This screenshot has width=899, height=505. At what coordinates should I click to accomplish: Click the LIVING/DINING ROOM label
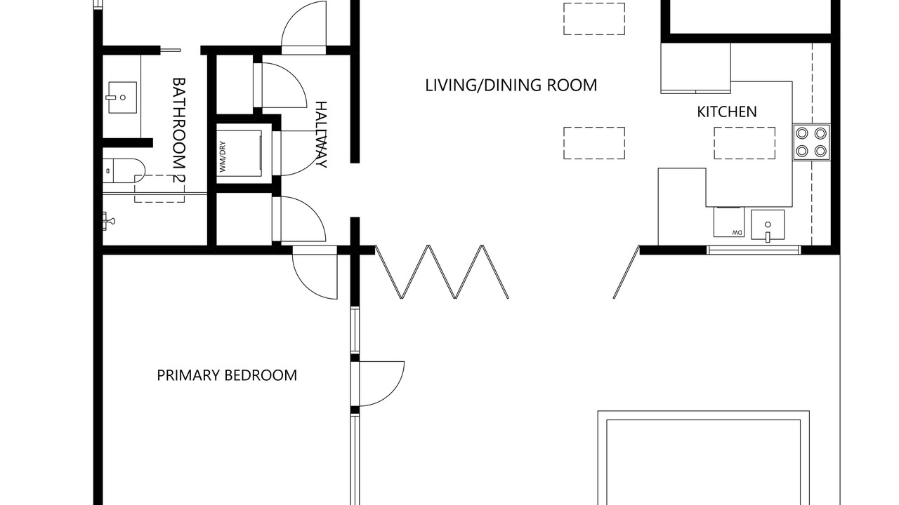click(511, 86)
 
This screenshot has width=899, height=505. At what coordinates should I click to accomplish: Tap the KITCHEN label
click(727, 112)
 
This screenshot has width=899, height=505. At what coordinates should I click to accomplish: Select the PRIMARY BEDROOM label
click(227, 375)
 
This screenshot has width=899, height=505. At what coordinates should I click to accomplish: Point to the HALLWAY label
click(321, 135)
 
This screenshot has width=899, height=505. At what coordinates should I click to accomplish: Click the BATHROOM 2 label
click(178, 130)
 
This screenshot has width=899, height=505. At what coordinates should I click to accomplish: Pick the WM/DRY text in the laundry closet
click(223, 156)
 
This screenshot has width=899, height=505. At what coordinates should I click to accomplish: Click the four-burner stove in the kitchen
click(811, 142)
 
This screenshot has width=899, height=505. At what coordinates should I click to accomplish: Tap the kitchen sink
click(768, 225)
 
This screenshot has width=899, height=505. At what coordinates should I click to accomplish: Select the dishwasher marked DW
click(729, 222)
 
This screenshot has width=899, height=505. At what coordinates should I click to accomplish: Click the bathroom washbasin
click(122, 97)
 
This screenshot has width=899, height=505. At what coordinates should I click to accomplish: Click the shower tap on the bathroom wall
click(108, 221)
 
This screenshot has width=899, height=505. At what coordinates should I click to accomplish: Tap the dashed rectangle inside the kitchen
click(744, 143)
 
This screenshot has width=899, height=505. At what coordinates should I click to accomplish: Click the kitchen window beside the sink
click(754, 250)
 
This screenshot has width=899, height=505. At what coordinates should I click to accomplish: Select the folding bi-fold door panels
click(442, 271)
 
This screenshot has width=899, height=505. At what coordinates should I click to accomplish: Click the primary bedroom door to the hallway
click(315, 273)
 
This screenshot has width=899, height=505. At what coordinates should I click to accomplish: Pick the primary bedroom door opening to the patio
click(381, 384)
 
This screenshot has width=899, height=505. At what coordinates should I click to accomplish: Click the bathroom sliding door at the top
click(171, 50)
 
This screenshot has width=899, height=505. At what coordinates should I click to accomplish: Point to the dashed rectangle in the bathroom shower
click(159, 189)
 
